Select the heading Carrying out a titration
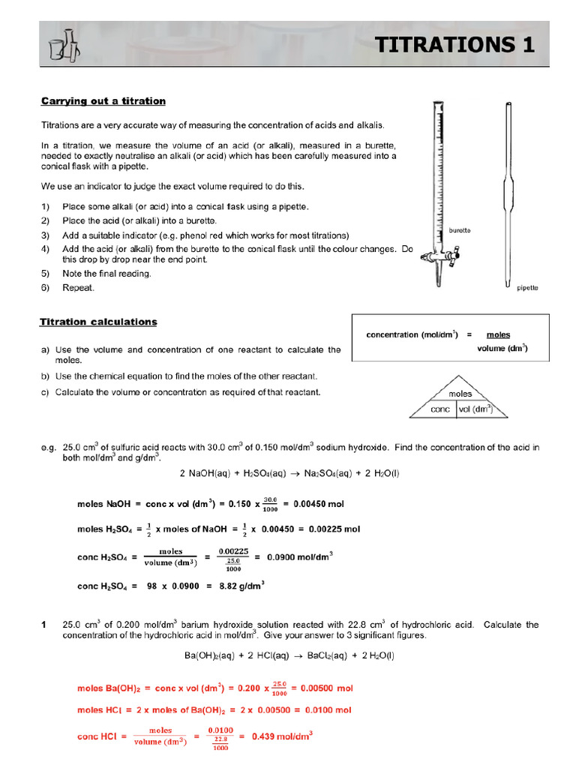(103, 101)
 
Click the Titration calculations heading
(98, 322)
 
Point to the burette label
(459, 230)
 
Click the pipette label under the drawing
(527, 288)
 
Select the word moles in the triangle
(460, 394)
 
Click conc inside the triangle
(440, 409)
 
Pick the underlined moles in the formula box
(498, 334)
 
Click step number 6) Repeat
(78, 287)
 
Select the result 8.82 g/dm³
(241, 586)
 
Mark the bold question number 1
(43, 625)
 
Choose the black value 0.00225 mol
(326, 529)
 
